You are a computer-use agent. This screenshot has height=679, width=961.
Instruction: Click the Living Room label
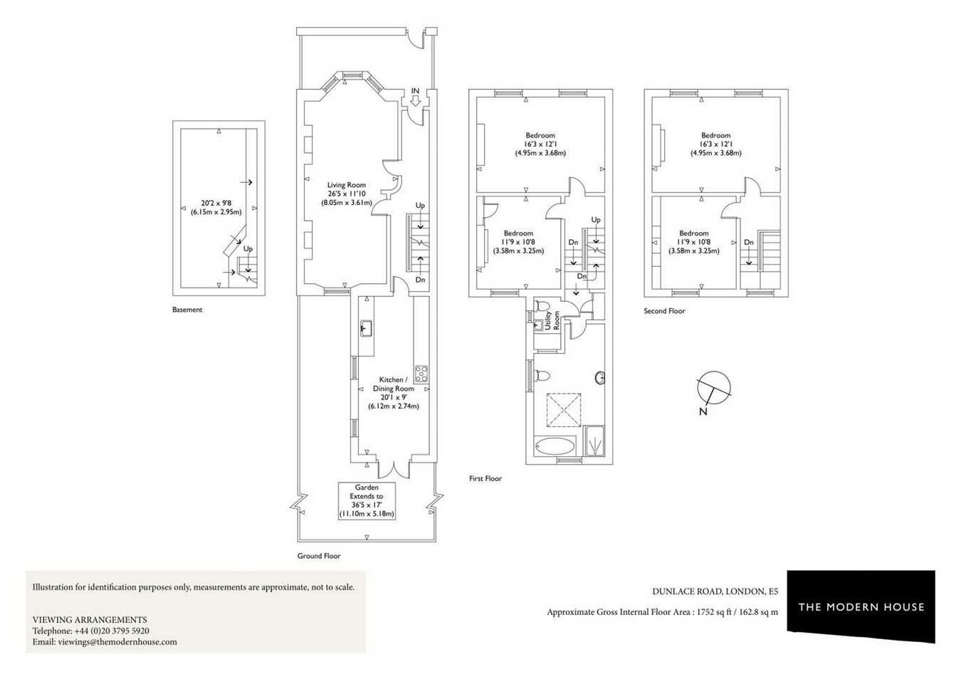coord(346,185)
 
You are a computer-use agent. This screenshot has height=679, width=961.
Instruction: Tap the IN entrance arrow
coord(415,101)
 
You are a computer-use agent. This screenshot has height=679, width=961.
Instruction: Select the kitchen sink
coord(366,328)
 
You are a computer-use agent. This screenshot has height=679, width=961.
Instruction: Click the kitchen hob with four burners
coord(421,374)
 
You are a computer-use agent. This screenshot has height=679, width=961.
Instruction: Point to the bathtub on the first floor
coord(555,446)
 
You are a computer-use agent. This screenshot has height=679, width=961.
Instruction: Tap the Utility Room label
coord(552,320)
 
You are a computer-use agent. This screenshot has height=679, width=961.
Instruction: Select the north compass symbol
coord(713,388)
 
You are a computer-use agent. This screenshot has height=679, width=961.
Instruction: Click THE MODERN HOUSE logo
coord(861,606)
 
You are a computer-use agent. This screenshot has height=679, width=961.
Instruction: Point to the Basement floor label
coord(187,310)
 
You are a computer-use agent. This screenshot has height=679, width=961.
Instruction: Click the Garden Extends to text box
coord(367,501)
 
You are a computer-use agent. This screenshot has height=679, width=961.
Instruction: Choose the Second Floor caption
coord(664,311)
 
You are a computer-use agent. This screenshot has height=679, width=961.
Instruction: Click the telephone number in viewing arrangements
coord(112,631)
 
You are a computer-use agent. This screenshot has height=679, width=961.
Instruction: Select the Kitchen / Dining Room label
coord(394,384)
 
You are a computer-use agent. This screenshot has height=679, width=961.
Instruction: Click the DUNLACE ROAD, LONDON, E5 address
coord(715,591)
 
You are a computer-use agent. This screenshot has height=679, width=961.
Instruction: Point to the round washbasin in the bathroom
coord(600,378)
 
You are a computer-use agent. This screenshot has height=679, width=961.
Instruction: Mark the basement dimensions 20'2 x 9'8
coord(216,204)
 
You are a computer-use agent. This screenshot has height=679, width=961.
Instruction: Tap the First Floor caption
coord(485,478)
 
